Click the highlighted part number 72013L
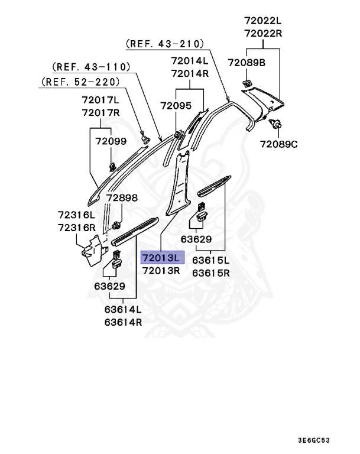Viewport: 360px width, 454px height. point(162,258)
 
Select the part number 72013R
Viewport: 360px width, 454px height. point(162,270)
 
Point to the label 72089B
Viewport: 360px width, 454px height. point(247,61)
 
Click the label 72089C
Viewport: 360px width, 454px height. point(279,144)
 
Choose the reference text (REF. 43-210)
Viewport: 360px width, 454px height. point(165,44)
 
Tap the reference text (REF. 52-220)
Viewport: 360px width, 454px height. point(80,82)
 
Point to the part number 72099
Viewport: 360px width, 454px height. point(112,141)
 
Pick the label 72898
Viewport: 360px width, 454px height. point(122,198)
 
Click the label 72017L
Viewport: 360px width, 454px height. point(100,100)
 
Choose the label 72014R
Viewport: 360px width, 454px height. point(190,73)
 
